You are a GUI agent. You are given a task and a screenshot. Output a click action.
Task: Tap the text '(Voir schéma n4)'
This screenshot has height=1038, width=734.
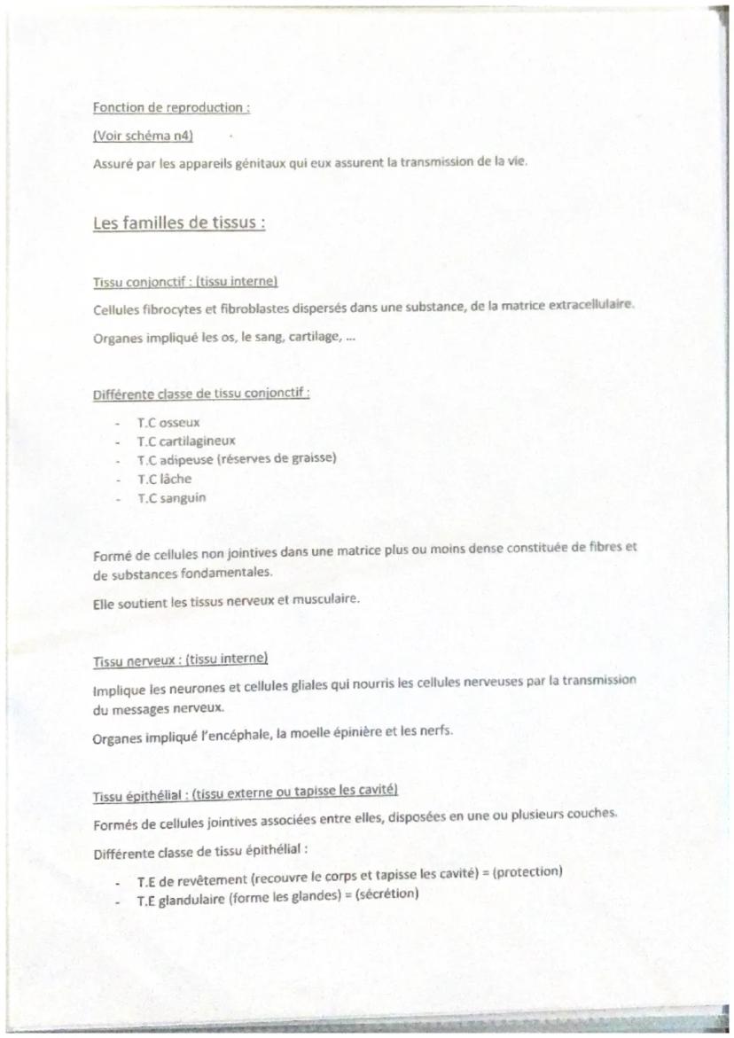coord(143,136)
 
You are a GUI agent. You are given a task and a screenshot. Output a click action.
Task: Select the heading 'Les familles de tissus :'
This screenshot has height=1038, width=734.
coord(178,222)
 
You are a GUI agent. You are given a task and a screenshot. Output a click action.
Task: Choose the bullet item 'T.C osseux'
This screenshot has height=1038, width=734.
coord(168,423)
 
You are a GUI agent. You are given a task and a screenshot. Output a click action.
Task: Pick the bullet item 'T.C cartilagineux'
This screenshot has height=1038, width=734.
coord(186,441)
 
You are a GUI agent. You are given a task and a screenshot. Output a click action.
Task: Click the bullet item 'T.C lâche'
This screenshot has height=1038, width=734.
coord(164,479)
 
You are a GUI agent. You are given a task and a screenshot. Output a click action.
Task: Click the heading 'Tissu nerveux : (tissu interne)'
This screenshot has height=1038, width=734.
coord(180,661)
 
